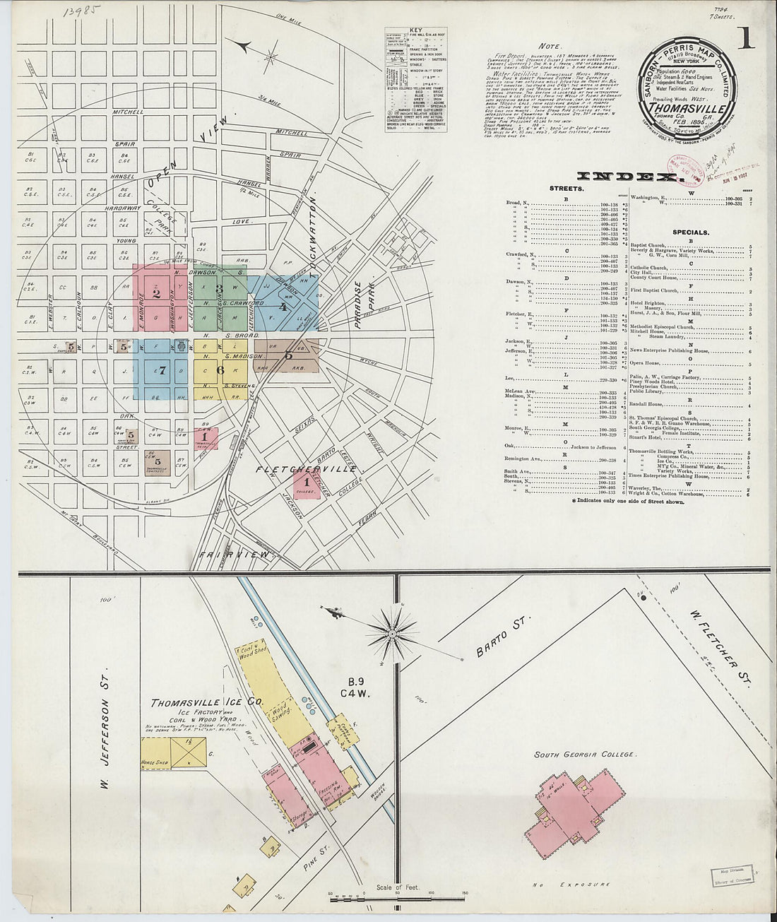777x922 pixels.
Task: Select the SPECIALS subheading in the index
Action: [x=691, y=232]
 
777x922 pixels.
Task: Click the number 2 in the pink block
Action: [x=157, y=295]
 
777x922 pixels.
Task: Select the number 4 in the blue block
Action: [x=283, y=307]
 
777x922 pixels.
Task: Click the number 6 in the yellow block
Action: [x=220, y=370]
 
